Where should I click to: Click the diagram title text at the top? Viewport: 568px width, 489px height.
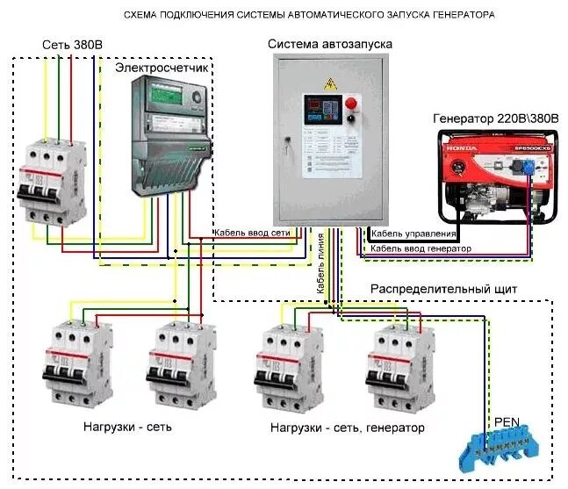pos(308,16)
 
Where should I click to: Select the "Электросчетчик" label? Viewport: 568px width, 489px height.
pos(162,66)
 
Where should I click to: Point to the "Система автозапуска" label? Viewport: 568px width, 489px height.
pos(331,45)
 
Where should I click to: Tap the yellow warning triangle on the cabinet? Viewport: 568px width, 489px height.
pos(331,83)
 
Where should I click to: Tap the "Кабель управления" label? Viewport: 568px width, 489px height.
pos(413,234)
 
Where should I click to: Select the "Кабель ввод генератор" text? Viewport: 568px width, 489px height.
pos(421,248)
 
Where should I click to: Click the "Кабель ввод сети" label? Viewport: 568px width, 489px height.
pos(252,234)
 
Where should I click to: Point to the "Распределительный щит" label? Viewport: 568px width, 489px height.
pos(443,287)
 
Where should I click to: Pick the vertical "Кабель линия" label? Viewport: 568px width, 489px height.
pos(321,263)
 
